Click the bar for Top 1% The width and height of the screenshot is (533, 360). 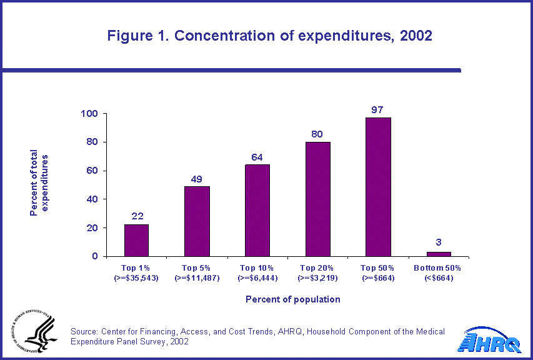pos(136,241)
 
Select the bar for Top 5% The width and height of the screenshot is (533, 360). pos(197,221)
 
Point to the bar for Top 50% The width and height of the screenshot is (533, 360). pos(379,187)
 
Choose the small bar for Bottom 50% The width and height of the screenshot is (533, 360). pos(439,254)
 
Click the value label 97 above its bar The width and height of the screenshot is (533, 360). pos(377,110)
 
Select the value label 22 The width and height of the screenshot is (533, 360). pos(137,216)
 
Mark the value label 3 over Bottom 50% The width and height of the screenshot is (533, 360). pos(439,244)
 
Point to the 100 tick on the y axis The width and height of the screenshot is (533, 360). pos(90,114)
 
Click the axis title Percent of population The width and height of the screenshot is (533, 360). pos(293,299)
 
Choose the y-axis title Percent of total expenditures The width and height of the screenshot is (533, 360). pos(39,182)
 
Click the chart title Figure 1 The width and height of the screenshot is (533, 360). pos(270,36)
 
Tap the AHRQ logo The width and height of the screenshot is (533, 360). pos(490,341)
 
